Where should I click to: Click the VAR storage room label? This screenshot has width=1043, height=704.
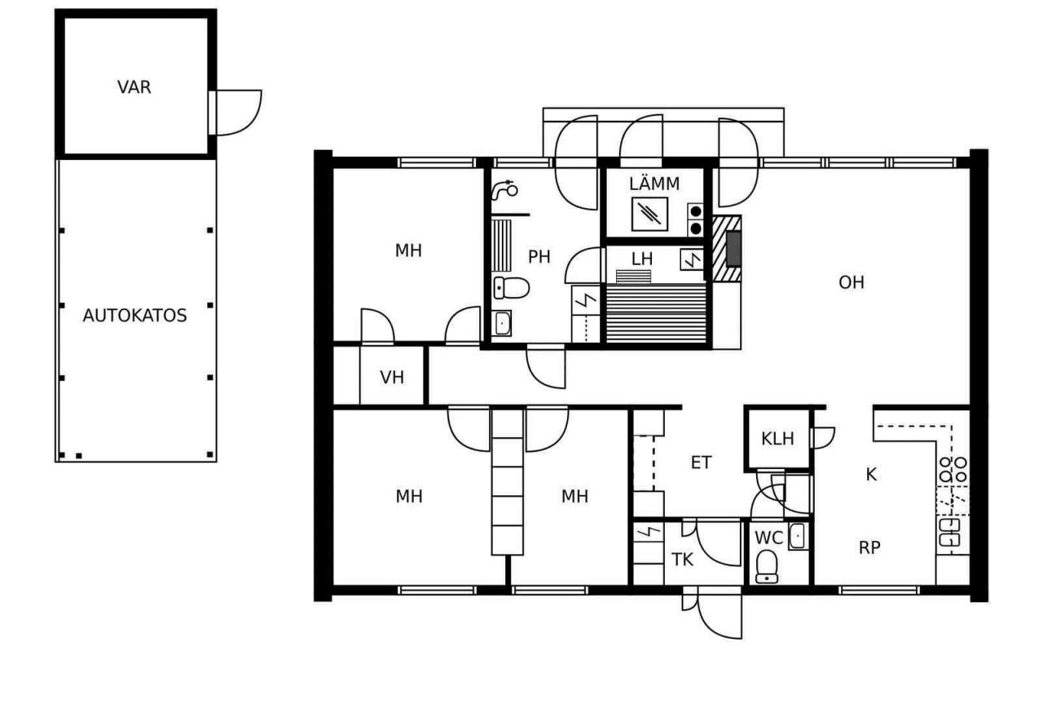click(x=134, y=87)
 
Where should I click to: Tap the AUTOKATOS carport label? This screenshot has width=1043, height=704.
click(x=134, y=316)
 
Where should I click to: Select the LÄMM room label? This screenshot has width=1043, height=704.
click(x=654, y=184)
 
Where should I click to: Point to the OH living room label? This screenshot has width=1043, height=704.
click(x=852, y=282)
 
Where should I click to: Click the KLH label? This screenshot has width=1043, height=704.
click(x=777, y=438)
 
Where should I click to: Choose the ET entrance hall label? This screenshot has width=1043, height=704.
click(x=701, y=463)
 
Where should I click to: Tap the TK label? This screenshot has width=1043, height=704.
click(x=682, y=560)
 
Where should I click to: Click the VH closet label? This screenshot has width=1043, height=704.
click(x=392, y=377)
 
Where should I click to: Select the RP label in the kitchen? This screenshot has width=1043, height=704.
click(x=869, y=548)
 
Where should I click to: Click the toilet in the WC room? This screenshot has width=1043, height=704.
click(x=767, y=567)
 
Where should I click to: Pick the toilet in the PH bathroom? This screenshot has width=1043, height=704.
click(x=511, y=288)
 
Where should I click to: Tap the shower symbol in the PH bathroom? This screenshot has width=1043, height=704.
click(x=504, y=190)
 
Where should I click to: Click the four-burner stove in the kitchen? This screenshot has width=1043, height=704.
click(x=953, y=470)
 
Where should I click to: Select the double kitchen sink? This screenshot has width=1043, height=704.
click(x=949, y=533)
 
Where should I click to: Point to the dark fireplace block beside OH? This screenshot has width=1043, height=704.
click(x=733, y=249)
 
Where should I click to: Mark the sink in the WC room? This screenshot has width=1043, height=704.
click(x=798, y=536)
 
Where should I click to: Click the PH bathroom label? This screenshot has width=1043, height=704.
click(x=539, y=257)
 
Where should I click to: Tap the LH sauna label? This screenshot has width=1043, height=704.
click(x=641, y=259)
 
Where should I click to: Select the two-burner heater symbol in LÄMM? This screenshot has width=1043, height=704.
click(x=695, y=220)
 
